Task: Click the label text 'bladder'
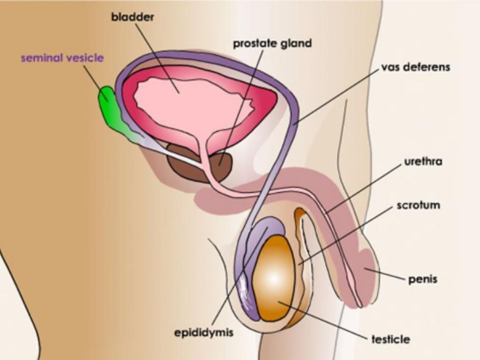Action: click(132, 17)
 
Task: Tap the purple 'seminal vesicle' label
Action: click(62, 58)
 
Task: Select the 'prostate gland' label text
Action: click(272, 44)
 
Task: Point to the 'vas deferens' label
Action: click(415, 67)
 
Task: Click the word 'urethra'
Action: click(423, 162)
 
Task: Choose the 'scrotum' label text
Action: click(418, 205)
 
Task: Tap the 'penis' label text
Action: click(422, 279)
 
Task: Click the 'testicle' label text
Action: click(390, 339)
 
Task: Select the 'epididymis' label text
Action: click(203, 333)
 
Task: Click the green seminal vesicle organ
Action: click(110, 110)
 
